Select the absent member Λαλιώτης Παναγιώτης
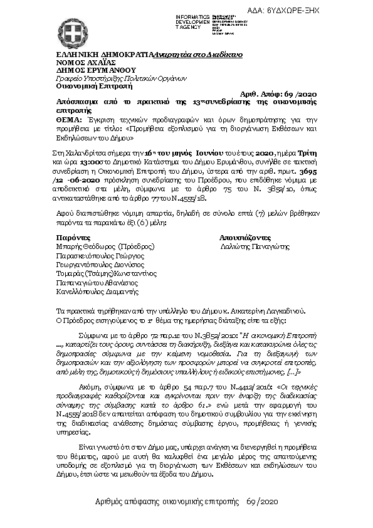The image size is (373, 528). tap(256, 247)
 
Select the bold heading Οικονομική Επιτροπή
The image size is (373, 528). tap(81, 86)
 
